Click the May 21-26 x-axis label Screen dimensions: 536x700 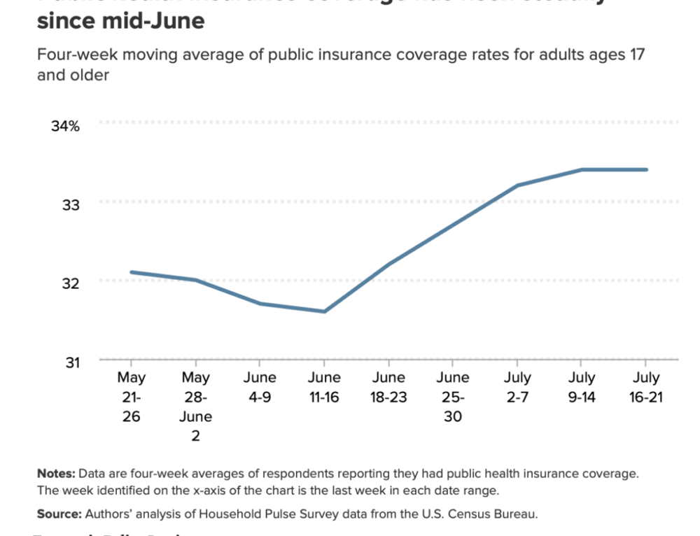coord(132,397)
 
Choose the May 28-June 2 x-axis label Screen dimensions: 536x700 coord(196,406)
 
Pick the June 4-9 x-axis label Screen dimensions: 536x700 coord(260,387)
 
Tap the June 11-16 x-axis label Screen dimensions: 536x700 coord(324,387)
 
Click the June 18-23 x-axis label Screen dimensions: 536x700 coord(388,387)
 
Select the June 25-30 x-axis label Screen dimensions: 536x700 coord(453,397)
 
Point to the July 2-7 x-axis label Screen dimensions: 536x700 coord(517,387)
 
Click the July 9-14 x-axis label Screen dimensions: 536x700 coord(581,387)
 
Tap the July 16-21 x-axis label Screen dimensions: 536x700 coord(645,387)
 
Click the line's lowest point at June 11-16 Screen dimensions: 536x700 coord(324,311)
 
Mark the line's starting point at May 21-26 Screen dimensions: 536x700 coord(132,272)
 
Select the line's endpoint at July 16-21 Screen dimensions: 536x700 coord(646,169)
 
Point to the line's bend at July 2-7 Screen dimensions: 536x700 coord(517,185)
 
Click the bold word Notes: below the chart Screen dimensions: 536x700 coord(56,474)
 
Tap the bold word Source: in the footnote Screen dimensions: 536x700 coord(59,514)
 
